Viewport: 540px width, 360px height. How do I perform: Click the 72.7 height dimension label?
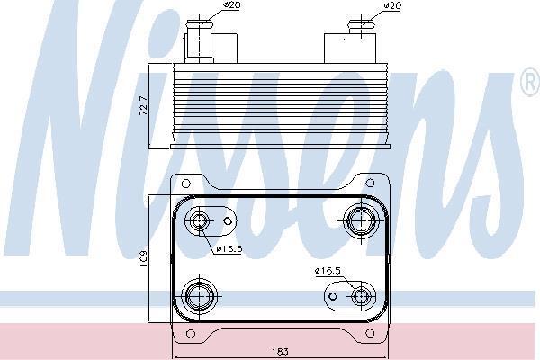144,106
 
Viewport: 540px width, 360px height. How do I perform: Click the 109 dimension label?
143,258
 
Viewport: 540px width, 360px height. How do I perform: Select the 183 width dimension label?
280,352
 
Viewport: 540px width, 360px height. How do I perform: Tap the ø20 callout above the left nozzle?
232,5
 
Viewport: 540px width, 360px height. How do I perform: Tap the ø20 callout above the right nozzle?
391,5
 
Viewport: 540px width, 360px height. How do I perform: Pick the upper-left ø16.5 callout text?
229,248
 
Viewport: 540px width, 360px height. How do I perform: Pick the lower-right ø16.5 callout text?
328,271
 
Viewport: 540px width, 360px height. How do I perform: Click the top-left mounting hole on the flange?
185,184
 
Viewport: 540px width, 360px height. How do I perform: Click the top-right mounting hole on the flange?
370,183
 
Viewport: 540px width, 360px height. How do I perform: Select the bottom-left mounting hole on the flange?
190,334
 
